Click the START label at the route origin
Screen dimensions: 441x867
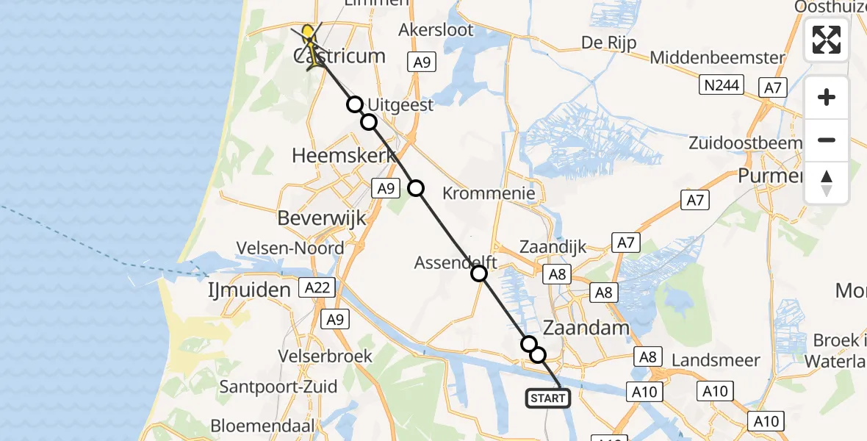coord(547,398)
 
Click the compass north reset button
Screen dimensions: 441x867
coord(827,183)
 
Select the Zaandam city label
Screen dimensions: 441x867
coord(586,327)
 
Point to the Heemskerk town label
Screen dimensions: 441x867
coord(344,156)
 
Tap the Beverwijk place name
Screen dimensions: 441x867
coord(323,218)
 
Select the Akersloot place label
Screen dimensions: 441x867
coord(436,30)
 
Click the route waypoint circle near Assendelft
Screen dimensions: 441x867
coord(479,274)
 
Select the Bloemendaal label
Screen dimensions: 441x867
coord(262,426)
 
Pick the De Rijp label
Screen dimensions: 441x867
coord(608,42)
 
